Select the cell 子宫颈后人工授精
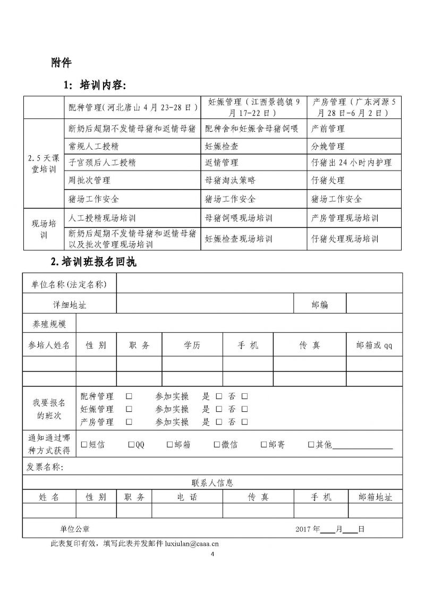pos(103,163)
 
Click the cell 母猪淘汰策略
pos(230,181)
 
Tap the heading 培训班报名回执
pos(97,262)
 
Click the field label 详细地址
pos(70,304)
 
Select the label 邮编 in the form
pos(319,304)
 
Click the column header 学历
pos(192,345)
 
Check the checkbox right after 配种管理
pos(129,397)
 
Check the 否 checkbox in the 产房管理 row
pos(244,422)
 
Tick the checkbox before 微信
pos(217,445)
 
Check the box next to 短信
pos(83,445)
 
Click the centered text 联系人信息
pos(212,483)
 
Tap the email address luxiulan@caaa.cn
pos(192,544)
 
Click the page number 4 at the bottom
pos(212,555)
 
